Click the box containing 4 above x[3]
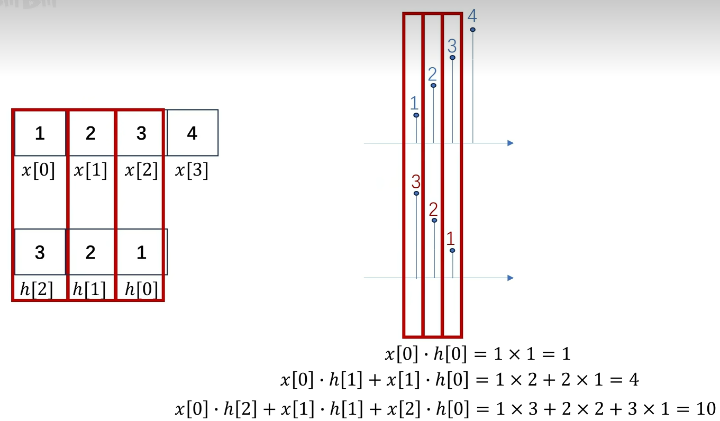pyautogui.click(x=192, y=133)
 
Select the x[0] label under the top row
pyautogui.click(x=38, y=170)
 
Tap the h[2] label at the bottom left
pyautogui.click(x=37, y=289)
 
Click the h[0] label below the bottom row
pyautogui.click(x=141, y=289)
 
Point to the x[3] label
pyautogui.click(x=192, y=170)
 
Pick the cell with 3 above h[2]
pyautogui.click(x=40, y=252)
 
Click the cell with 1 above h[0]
pyautogui.click(x=141, y=252)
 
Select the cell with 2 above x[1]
pyautogui.click(x=90, y=133)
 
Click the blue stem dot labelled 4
pyautogui.click(x=472, y=30)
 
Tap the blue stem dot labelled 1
pyautogui.click(x=416, y=115)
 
